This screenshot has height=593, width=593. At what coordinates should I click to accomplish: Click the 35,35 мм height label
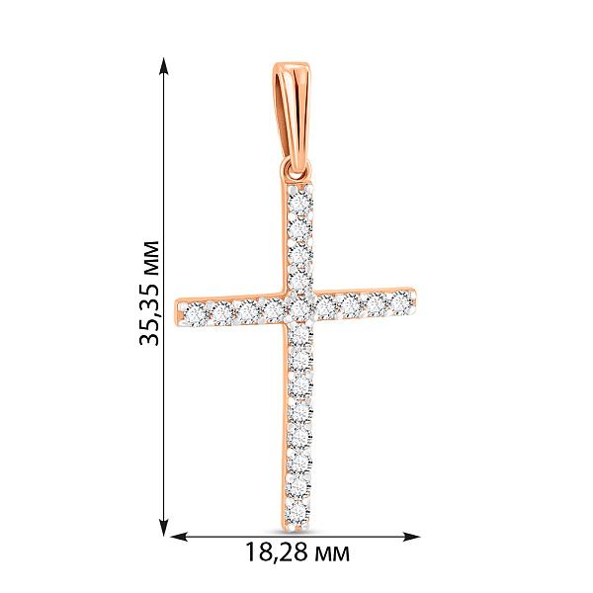(149, 293)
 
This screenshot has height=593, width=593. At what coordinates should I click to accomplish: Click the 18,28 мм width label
(297, 552)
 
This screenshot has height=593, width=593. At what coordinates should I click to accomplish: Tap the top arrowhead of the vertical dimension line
(163, 66)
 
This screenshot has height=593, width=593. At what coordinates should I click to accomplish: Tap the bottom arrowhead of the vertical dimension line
(163, 527)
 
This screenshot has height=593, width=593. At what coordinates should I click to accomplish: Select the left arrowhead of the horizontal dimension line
(179, 537)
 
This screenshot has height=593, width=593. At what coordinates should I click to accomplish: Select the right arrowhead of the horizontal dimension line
(411, 537)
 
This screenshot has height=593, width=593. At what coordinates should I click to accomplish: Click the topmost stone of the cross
(299, 203)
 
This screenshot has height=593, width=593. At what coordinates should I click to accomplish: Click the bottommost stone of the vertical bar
(297, 513)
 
